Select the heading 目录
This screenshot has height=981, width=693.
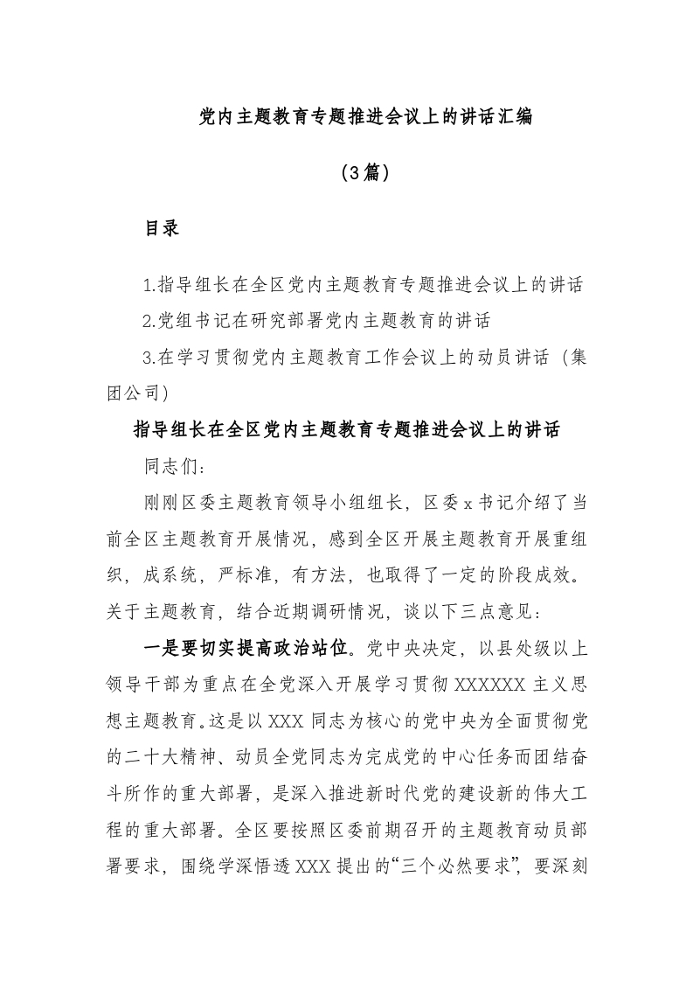162,229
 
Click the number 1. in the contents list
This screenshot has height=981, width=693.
149,286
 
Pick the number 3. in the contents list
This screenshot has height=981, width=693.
149,357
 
